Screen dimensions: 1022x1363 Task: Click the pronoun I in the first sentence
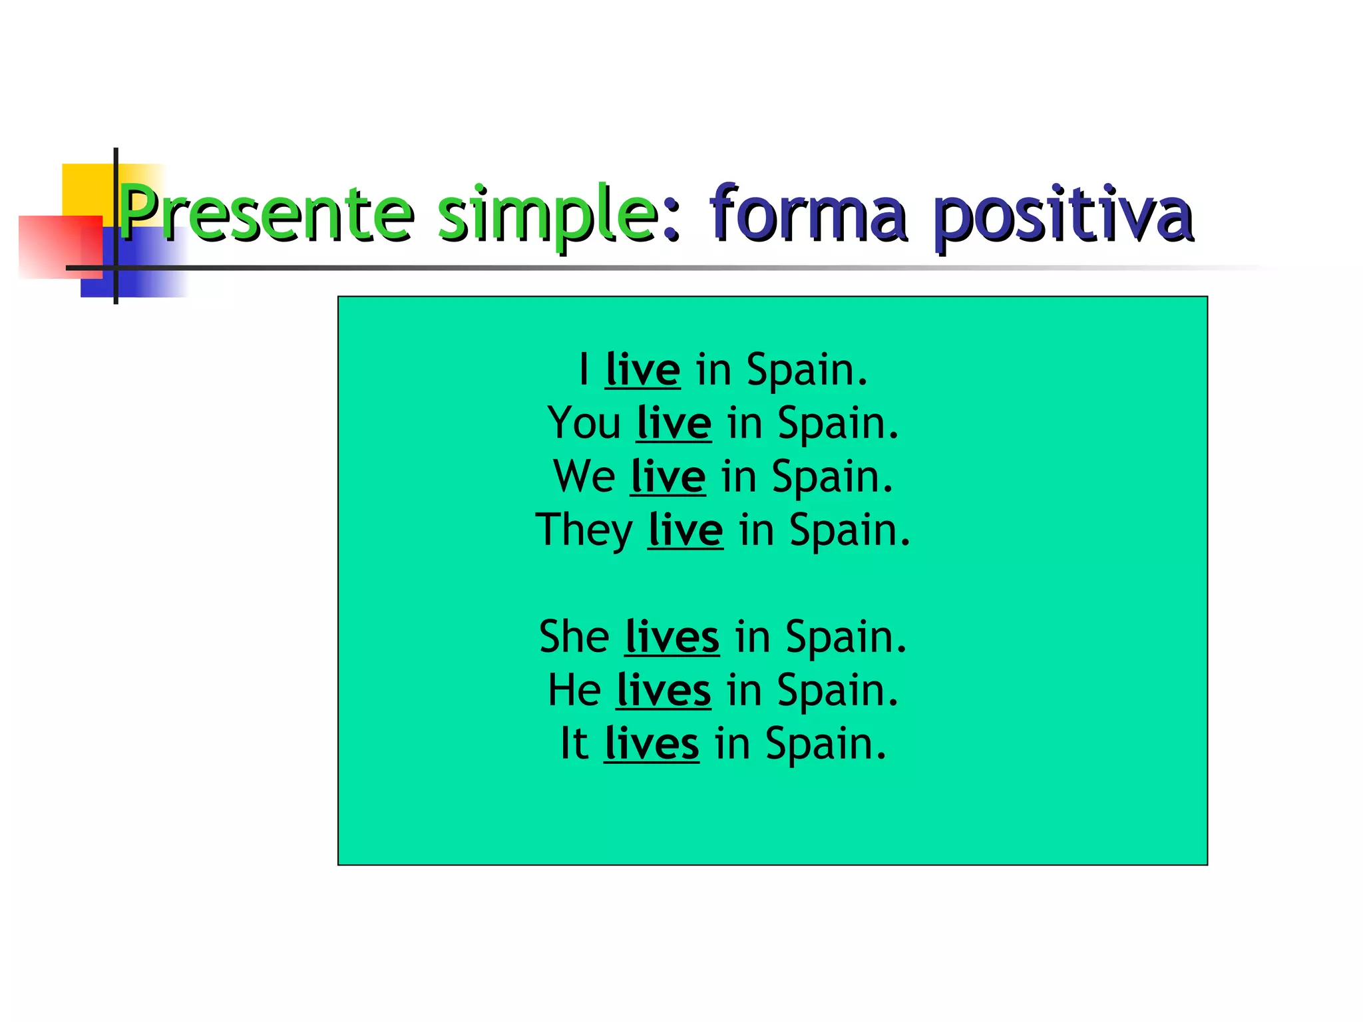pos(584,369)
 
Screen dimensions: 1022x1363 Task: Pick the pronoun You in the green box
pos(584,423)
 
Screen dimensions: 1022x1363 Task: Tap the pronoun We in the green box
pos(584,476)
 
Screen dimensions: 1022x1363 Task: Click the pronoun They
pos(584,530)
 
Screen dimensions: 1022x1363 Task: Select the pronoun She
pos(574,637)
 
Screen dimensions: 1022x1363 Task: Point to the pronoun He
pos(574,690)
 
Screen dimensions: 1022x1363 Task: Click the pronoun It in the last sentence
pos(574,743)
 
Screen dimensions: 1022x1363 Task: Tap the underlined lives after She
pos(672,637)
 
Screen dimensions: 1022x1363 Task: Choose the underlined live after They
pos(685,530)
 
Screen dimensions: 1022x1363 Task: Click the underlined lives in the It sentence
pos(652,743)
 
